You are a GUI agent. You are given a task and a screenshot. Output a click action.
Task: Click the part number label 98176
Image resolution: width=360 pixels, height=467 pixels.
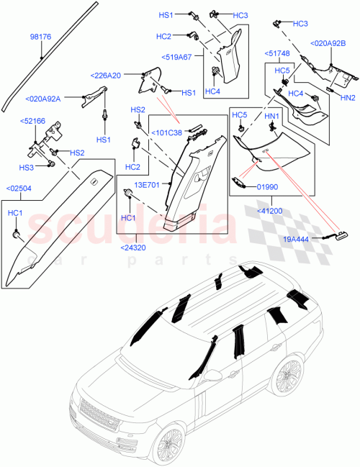(x=41, y=35)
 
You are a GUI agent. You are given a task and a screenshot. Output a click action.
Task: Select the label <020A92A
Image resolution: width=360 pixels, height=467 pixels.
(x=44, y=99)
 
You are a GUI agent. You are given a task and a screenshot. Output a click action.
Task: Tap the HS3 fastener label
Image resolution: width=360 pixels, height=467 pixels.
(x=26, y=168)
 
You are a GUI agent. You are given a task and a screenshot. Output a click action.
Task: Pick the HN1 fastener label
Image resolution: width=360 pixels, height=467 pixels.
(x=271, y=115)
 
